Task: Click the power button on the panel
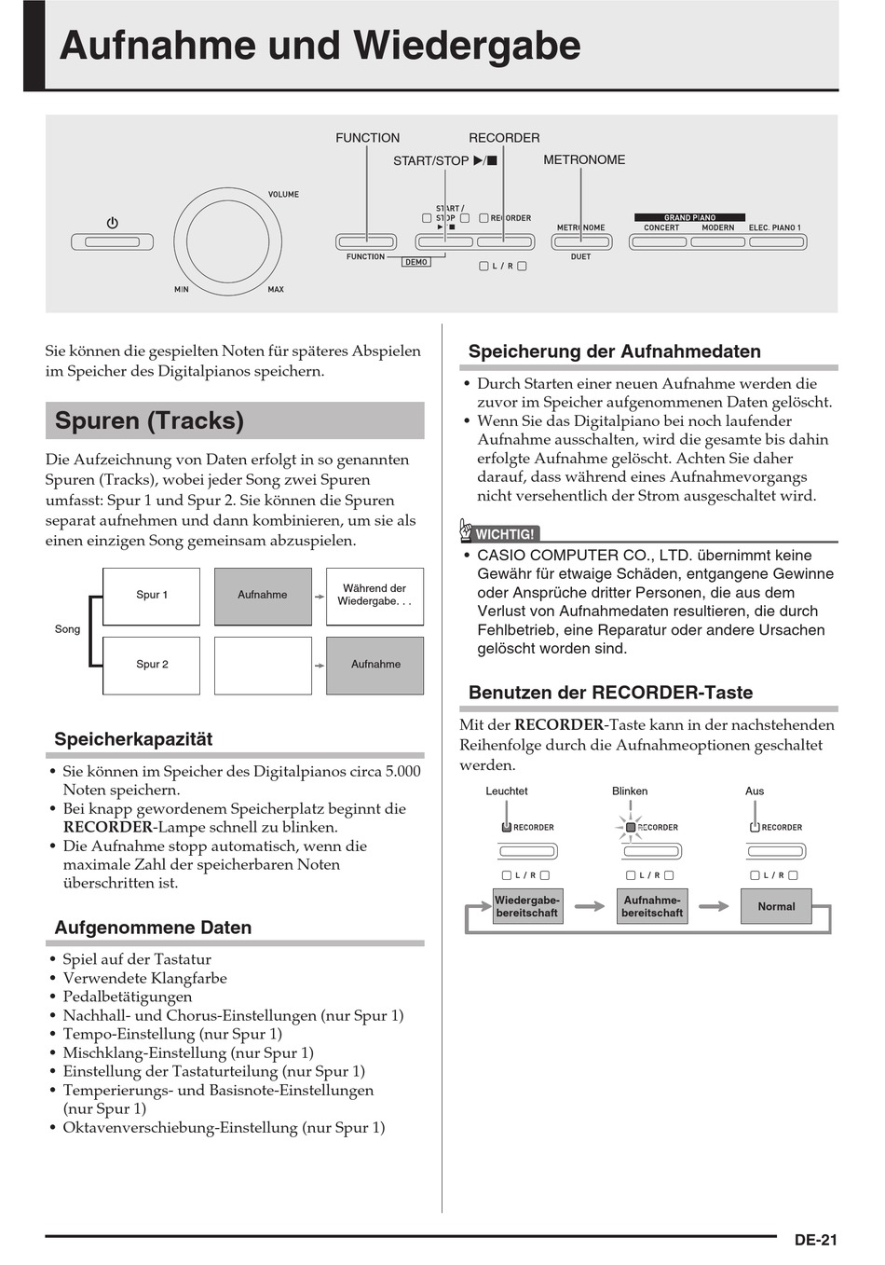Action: [x=112, y=241]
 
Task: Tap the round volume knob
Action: [x=227, y=241]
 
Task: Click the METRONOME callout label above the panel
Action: [x=584, y=160]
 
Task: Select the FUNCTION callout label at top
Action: [x=367, y=138]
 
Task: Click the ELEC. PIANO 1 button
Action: [x=775, y=242]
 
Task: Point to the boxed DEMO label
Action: [x=416, y=263]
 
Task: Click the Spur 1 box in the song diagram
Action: [x=152, y=596]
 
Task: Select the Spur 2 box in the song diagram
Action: [x=152, y=665]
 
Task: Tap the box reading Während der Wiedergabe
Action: [x=374, y=596]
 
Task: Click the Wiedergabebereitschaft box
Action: [x=527, y=906]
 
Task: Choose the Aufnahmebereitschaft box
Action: [x=652, y=906]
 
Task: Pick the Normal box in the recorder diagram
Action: [x=776, y=906]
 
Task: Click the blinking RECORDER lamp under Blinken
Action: [x=631, y=827]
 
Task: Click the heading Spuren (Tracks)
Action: [x=149, y=420]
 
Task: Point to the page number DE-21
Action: [x=815, y=1240]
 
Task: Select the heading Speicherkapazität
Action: [x=133, y=739]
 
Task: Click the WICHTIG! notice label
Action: [x=504, y=534]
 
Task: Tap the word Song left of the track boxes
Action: [x=67, y=629]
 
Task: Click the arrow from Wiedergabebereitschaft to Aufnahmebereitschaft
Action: [x=590, y=906]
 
